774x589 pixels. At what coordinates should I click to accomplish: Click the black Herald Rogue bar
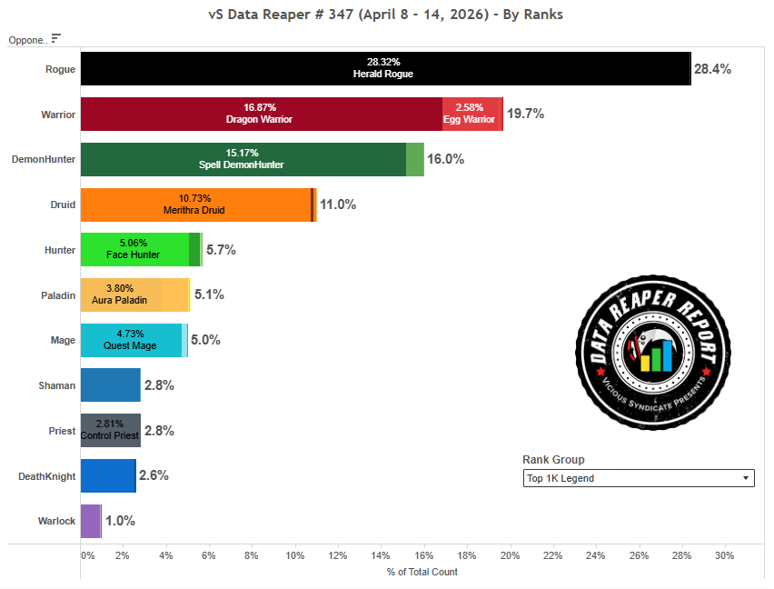point(385,68)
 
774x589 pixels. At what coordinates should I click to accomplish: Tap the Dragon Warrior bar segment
point(261,114)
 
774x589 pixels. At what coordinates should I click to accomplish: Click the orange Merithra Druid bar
point(194,205)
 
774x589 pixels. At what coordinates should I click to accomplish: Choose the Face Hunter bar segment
point(134,249)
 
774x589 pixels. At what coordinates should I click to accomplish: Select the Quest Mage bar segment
point(131,340)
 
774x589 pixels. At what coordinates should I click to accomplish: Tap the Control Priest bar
point(110,430)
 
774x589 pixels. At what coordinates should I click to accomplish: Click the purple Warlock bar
point(90,521)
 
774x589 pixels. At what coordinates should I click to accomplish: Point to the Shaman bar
point(110,385)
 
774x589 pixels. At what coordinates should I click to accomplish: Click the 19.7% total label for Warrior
point(525,114)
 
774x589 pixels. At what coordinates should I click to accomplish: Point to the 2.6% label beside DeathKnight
point(154,475)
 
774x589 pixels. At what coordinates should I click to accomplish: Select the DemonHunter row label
point(43,159)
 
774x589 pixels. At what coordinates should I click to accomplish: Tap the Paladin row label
point(57,294)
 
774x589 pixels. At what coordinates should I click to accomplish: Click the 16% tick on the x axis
point(423,555)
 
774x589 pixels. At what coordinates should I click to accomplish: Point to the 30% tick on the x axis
point(724,555)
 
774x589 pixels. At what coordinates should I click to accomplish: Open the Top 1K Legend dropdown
point(638,478)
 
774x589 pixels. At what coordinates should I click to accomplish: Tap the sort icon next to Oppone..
point(56,38)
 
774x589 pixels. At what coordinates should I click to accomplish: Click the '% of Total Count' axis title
point(422,572)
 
